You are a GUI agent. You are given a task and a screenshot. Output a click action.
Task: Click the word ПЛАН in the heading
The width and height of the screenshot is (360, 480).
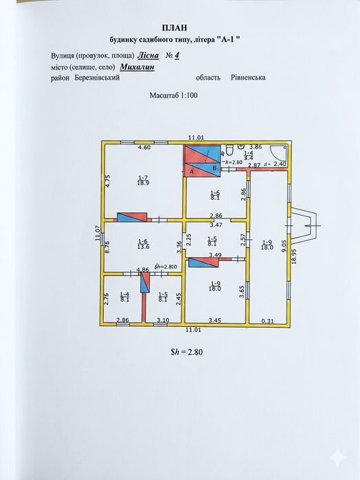[175, 28]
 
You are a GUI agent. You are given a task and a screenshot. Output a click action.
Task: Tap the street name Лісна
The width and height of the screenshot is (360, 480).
[148, 56]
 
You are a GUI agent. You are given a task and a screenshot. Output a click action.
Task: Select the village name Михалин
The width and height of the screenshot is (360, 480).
[137, 67]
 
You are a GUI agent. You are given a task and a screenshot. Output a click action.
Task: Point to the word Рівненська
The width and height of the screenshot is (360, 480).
[248, 77]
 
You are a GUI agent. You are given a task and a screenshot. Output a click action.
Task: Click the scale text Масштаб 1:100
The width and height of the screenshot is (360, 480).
[173, 95]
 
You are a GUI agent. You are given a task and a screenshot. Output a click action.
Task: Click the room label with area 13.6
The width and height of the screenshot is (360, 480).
[143, 244]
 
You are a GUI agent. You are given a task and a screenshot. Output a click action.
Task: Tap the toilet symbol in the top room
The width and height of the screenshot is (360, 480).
[229, 150]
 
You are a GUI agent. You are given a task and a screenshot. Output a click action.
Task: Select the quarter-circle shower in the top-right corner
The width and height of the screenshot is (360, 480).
[279, 152]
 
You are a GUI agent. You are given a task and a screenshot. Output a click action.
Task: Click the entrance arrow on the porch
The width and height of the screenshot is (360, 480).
[313, 226]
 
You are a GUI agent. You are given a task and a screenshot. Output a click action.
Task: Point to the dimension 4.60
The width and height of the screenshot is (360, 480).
[144, 147]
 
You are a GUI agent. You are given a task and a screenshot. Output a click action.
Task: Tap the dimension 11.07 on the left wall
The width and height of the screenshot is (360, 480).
[98, 233]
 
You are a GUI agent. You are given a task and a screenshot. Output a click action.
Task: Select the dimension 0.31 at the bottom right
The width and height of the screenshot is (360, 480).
[268, 321]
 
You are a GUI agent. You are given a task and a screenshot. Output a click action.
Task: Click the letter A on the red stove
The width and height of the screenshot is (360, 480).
[192, 172]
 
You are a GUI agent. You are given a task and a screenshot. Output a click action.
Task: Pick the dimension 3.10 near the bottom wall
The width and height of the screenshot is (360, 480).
[163, 320]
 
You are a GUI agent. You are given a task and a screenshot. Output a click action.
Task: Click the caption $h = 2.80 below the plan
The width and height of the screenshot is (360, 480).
[186, 352]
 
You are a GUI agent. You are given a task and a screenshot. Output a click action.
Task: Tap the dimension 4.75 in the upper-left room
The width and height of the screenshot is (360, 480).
[107, 181]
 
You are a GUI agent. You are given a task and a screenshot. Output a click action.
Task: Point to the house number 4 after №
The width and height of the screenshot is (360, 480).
[177, 56]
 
